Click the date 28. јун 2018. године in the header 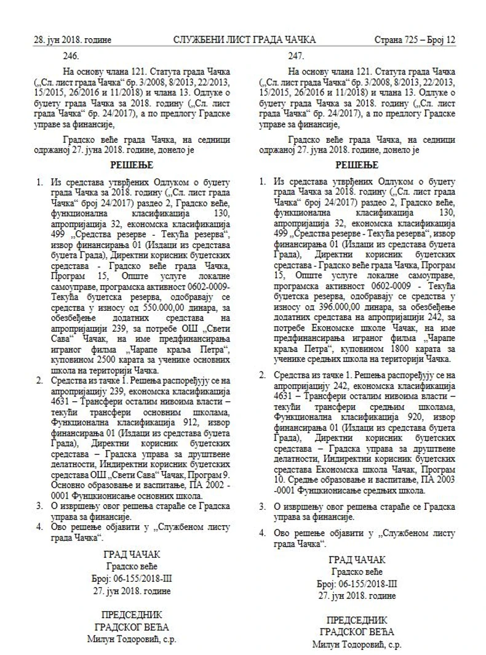pos(72,40)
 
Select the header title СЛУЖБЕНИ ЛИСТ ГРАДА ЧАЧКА pos(244,40)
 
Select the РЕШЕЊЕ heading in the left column pos(131,166)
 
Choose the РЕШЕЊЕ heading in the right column pos(356,166)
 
